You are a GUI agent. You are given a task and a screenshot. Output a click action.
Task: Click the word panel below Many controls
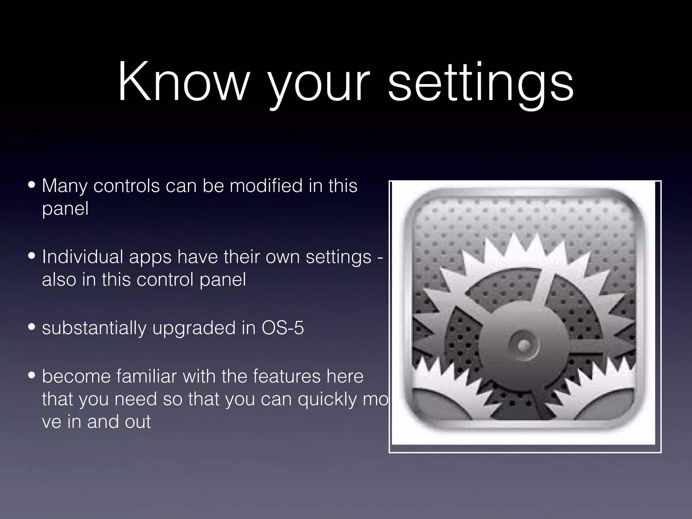65,208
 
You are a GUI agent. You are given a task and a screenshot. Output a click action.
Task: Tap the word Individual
82,257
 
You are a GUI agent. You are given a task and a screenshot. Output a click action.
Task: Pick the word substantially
94,328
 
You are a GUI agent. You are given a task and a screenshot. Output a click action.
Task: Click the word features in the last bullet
287,376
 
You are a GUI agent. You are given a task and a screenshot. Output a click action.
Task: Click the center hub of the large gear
523,345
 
